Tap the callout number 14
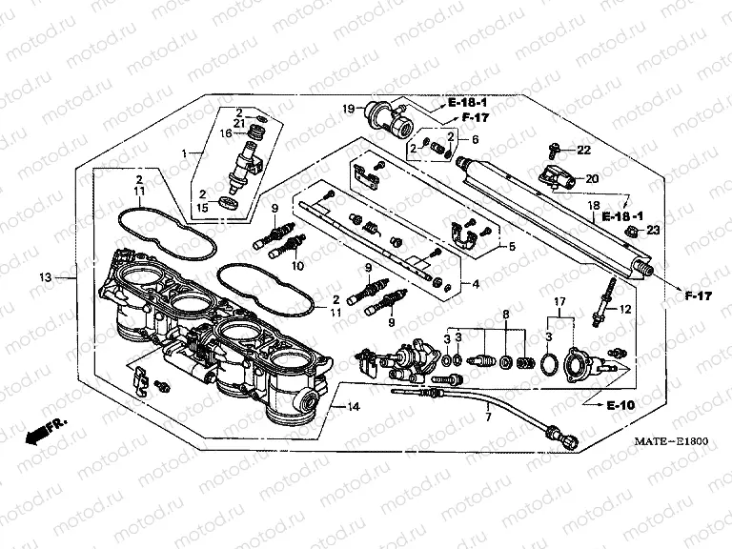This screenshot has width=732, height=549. click(x=353, y=407)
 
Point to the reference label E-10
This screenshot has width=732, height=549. click(x=620, y=405)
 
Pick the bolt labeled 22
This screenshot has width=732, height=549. click(x=555, y=150)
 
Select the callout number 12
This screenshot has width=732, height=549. click(x=626, y=309)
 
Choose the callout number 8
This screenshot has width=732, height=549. click(x=507, y=313)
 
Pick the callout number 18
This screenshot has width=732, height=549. click(x=592, y=205)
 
